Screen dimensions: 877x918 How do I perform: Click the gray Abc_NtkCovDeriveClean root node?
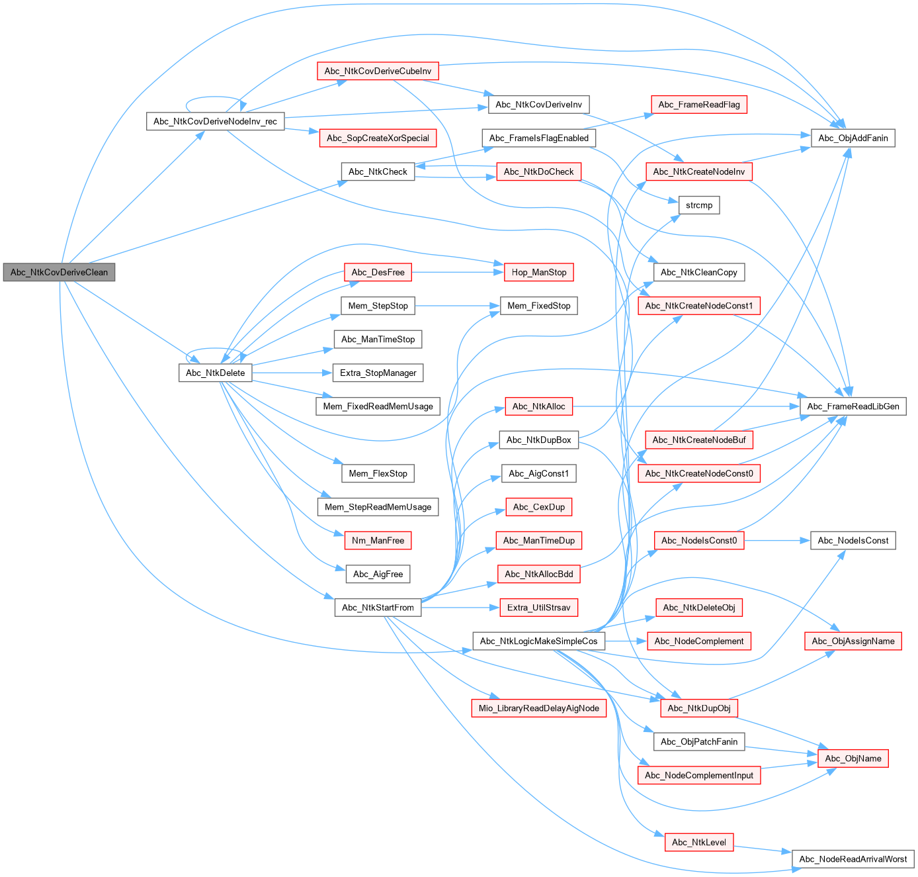[x=59, y=272]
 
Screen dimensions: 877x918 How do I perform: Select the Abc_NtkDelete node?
[x=215, y=373]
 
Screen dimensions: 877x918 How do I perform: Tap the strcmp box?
[x=698, y=205]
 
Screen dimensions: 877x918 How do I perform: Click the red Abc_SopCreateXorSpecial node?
[x=378, y=138]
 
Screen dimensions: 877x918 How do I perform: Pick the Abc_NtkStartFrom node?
[x=378, y=608]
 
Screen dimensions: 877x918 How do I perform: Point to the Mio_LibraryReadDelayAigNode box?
[x=538, y=708]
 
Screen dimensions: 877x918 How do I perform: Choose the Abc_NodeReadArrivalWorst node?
[x=853, y=859]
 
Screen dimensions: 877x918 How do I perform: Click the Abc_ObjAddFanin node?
[x=853, y=138]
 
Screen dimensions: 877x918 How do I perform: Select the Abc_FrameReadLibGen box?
[x=853, y=406]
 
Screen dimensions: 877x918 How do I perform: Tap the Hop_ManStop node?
[x=538, y=272]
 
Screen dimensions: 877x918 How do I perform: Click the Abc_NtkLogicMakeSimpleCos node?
[x=538, y=641]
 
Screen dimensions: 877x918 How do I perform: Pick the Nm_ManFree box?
[x=378, y=540]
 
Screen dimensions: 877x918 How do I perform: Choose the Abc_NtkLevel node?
[x=698, y=842]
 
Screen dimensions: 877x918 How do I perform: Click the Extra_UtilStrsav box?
[x=538, y=608]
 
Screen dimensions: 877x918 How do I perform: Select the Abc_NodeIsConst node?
[x=853, y=540]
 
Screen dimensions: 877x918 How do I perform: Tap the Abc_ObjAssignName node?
[x=853, y=641]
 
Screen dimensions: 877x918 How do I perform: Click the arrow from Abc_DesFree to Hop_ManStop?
[x=456, y=272]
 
